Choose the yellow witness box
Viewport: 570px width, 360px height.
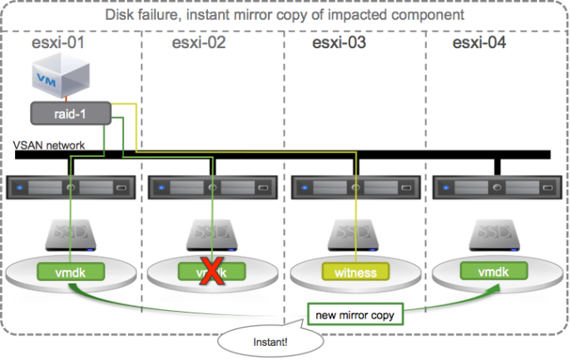355,272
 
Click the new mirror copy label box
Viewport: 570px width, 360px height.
355,315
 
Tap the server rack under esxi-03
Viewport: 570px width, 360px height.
354,187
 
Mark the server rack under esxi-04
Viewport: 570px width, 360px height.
496,187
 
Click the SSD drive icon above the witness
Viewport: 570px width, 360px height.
355,235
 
